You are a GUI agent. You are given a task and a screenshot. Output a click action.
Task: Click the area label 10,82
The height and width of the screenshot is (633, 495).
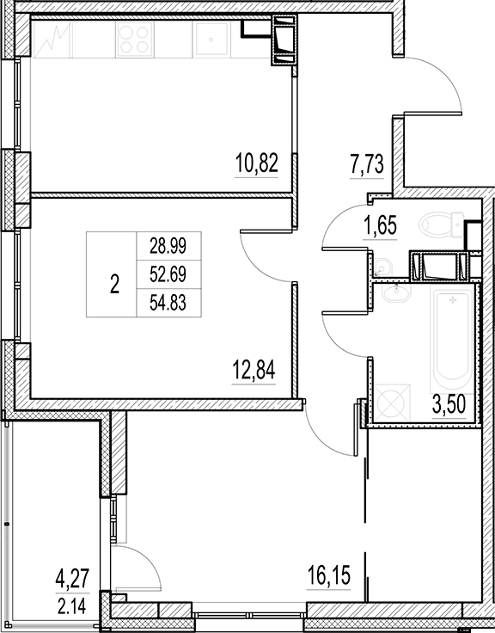click(256, 162)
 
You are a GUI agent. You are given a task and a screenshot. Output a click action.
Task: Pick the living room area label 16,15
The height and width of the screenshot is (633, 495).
click(329, 573)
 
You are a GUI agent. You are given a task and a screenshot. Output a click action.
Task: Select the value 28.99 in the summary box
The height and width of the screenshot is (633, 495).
click(168, 247)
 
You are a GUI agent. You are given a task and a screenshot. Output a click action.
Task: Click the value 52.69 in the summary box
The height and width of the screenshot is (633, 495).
click(168, 274)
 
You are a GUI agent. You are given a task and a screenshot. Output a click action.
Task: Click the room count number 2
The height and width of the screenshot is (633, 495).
click(115, 284)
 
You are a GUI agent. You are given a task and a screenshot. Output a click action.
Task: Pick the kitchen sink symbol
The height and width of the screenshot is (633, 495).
click(210, 38)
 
